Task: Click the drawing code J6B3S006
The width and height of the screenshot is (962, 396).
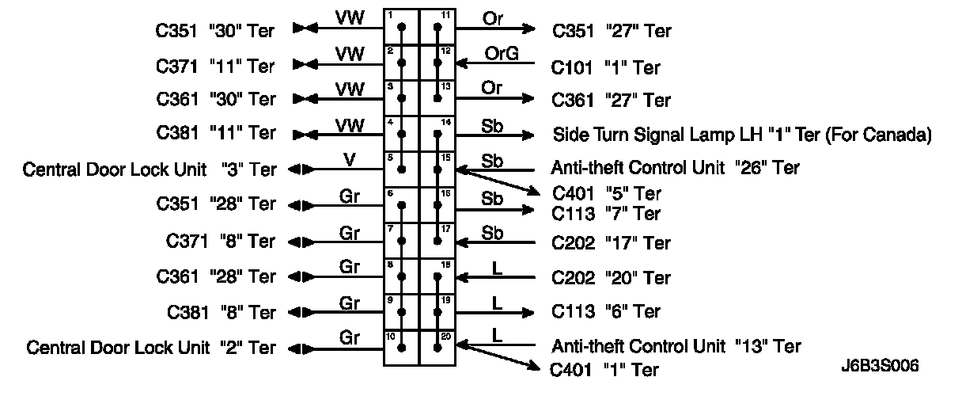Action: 881,367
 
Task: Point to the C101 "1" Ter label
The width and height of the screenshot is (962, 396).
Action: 605,67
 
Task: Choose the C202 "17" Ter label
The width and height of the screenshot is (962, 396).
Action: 612,243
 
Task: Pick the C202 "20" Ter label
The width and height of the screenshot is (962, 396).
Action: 612,278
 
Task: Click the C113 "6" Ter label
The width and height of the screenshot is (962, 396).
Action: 605,312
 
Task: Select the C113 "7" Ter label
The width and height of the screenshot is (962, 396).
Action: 606,214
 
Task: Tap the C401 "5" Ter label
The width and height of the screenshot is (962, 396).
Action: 606,194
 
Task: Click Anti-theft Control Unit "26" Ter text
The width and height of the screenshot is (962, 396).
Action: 675,168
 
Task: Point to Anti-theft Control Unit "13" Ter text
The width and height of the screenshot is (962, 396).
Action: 676,346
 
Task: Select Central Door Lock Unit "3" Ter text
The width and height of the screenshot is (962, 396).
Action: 150,169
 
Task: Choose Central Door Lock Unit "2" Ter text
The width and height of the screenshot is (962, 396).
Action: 150,348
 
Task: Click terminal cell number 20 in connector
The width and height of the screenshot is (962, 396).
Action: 437,347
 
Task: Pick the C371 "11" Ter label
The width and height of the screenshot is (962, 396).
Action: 216,67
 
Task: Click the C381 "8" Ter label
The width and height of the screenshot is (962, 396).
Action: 221,312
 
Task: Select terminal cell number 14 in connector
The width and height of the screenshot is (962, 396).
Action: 437,135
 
